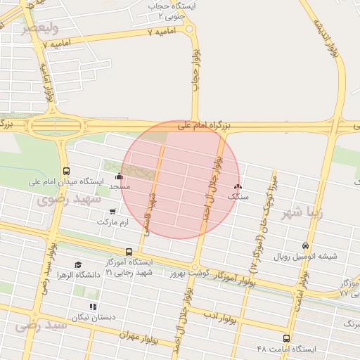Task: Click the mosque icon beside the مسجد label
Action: [119, 176]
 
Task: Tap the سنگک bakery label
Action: [238, 198]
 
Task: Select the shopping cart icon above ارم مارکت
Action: [112, 211]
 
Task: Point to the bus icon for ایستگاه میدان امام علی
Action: [66, 171]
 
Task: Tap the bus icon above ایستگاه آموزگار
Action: [129, 251]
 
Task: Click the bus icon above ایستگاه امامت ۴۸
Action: [285, 338]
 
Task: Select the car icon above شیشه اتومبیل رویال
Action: [305, 245]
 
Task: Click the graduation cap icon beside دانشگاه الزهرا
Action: [78, 264]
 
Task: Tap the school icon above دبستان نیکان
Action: [93, 307]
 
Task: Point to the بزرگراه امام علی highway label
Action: [205, 125]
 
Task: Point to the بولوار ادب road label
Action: [224, 314]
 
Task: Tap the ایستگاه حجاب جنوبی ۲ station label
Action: [172, 10]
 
